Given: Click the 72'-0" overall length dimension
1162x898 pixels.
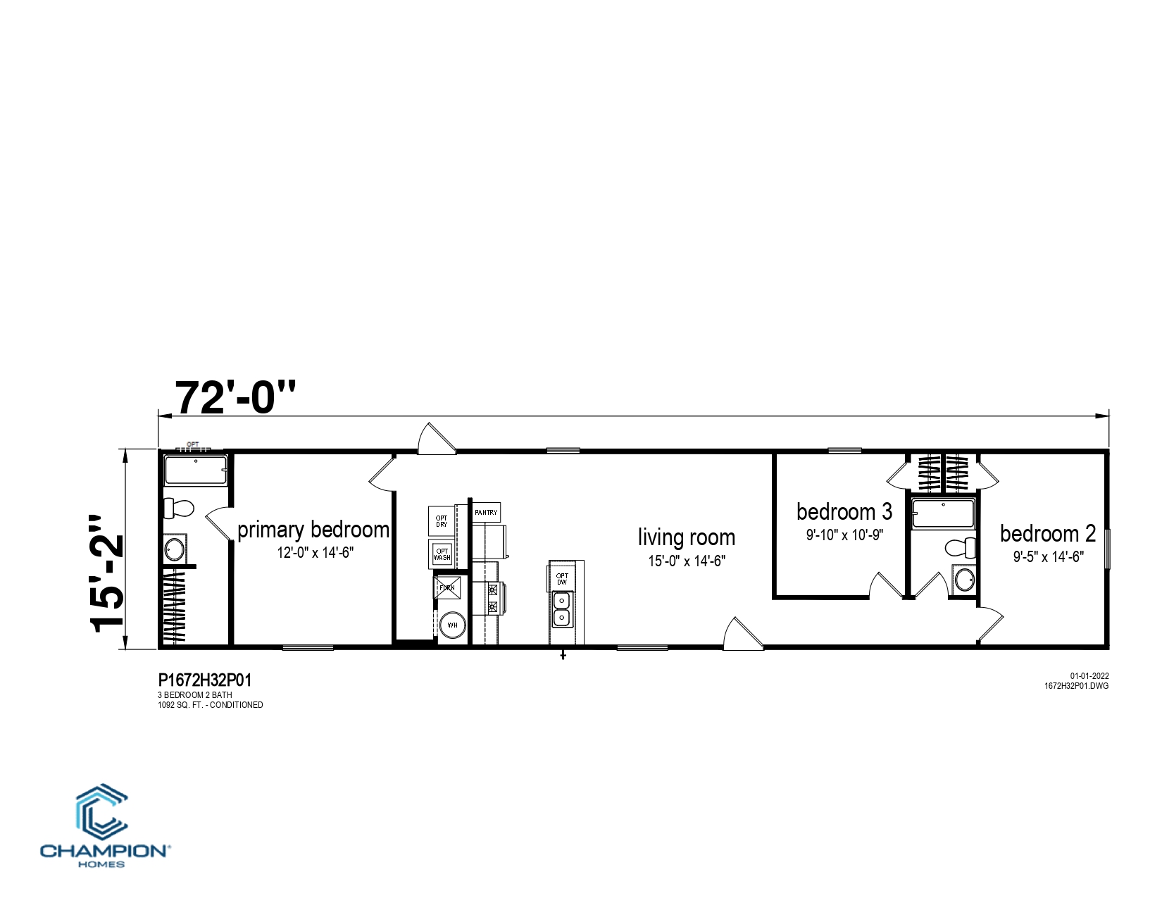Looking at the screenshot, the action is tap(235, 397).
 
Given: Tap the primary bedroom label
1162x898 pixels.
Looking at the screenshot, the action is tap(313, 530).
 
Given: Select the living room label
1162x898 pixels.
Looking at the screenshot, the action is tap(687, 537).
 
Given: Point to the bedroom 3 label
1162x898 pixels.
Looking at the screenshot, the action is tap(844, 511).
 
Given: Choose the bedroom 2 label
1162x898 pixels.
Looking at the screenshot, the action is tap(1048, 533).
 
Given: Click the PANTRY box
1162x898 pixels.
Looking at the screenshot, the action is tap(486, 512).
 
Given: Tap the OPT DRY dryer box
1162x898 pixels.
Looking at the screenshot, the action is tap(441, 521).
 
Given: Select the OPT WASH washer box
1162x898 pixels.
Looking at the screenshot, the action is tap(442, 554).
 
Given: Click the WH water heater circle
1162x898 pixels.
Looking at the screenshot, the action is tap(452, 625).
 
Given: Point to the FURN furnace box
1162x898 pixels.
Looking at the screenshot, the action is tap(446, 588).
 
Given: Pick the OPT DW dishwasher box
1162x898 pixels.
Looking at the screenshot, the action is tap(561, 578).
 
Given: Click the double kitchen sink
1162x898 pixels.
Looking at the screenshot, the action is tap(561, 609).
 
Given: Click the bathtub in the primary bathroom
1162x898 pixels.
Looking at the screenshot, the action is tap(196, 470).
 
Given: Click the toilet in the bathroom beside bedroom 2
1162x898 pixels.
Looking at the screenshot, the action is tap(961, 548).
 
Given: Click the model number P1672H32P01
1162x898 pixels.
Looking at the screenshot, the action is tap(205, 680).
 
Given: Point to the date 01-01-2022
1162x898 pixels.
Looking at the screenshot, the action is tap(1089, 676).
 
